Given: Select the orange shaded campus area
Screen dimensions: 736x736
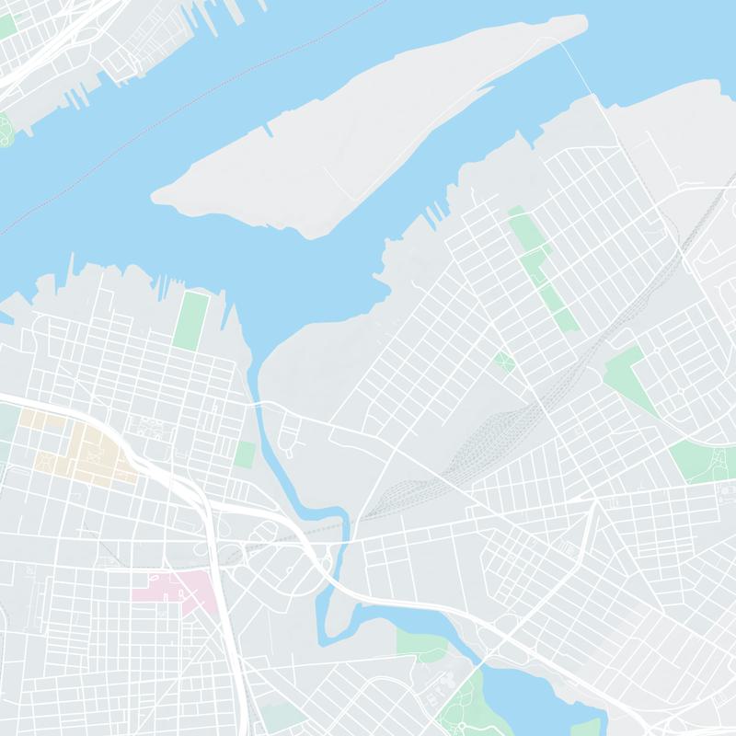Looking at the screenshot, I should click(x=92, y=451).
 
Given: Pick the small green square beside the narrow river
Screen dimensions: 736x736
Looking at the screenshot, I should click(x=245, y=454).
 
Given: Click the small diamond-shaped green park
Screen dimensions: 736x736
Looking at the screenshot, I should click(x=503, y=361).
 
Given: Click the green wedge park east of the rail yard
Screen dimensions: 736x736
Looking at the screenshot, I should click(x=630, y=373).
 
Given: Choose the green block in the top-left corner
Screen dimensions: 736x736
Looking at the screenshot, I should click(x=7, y=25).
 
